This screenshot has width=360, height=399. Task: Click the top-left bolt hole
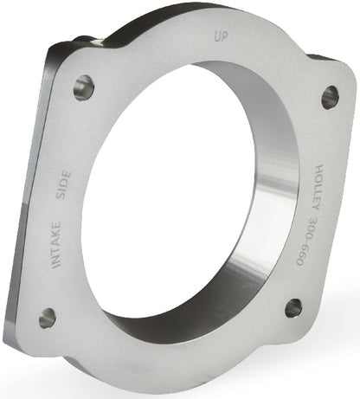[84, 87]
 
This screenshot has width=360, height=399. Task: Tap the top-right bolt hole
[331, 97]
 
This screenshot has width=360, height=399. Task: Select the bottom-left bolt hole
[48, 318]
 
